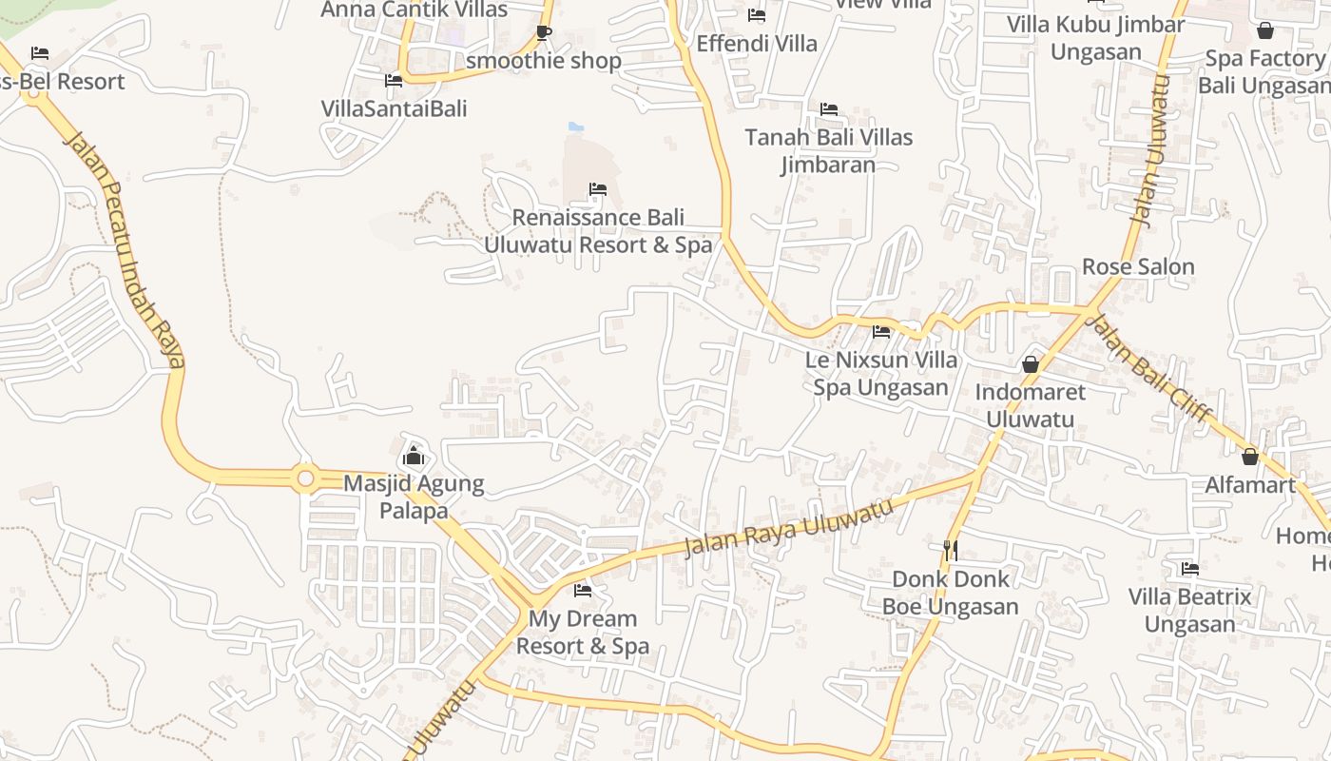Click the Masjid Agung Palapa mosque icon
pyautogui.click(x=414, y=456)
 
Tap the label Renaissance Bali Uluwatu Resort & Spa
pyautogui.click(x=598, y=231)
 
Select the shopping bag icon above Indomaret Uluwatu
pyautogui.click(x=1030, y=363)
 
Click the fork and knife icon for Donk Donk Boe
pyautogui.click(x=950, y=550)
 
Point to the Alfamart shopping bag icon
pyautogui.click(x=1250, y=457)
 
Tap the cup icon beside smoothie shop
pyautogui.click(x=543, y=33)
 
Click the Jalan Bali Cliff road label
pyautogui.click(x=1148, y=367)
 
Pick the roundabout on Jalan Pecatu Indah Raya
pyautogui.click(x=305, y=478)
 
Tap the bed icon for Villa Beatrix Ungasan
pyautogui.click(x=1189, y=569)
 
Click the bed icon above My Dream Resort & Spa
pyautogui.click(x=583, y=591)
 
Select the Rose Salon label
pyautogui.click(x=1138, y=266)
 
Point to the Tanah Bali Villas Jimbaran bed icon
pyautogui.click(x=829, y=109)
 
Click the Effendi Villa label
pyautogui.click(x=757, y=44)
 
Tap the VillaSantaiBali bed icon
pyautogui.click(x=394, y=81)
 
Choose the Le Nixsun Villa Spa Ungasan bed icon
pyautogui.click(x=881, y=332)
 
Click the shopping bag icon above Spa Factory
pyautogui.click(x=1264, y=30)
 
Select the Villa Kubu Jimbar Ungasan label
pyautogui.click(x=1096, y=38)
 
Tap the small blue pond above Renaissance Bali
pyautogui.click(x=575, y=127)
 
